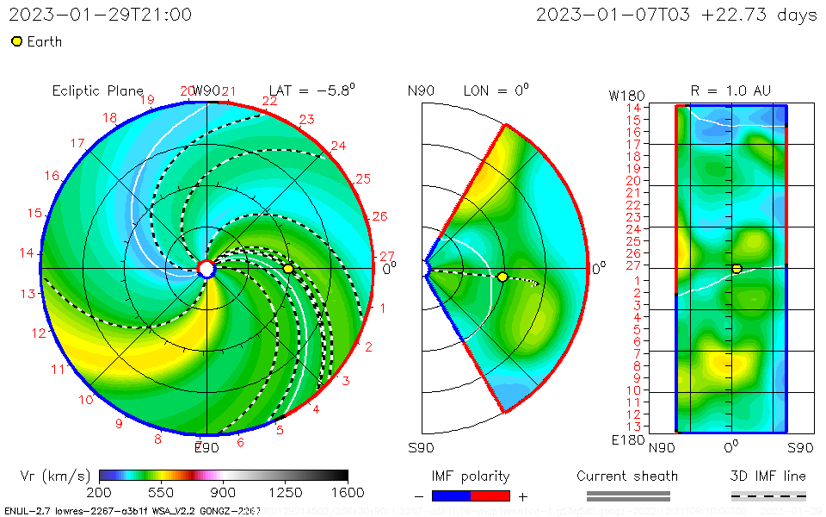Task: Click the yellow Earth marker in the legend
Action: click(16, 41)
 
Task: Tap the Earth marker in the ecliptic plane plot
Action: click(288, 269)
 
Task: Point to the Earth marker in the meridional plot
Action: click(502, 277)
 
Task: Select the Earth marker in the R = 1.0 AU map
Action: click(737, 269)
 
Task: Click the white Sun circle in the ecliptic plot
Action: click(206, 269)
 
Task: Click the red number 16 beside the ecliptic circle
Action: click(52, 176)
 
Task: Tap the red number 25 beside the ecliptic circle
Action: click(362, 179)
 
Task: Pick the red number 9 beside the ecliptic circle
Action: click(119, 423)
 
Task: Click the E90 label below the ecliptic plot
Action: click(206, 448)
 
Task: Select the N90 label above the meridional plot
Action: click(421, 90)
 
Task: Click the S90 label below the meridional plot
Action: click(421, 448)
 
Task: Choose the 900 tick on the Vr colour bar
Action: click(224, 493)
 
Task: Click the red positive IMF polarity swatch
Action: click(490, 495)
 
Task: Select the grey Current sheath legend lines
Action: click(628, 495)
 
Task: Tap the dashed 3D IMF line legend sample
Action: click(768, 495)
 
